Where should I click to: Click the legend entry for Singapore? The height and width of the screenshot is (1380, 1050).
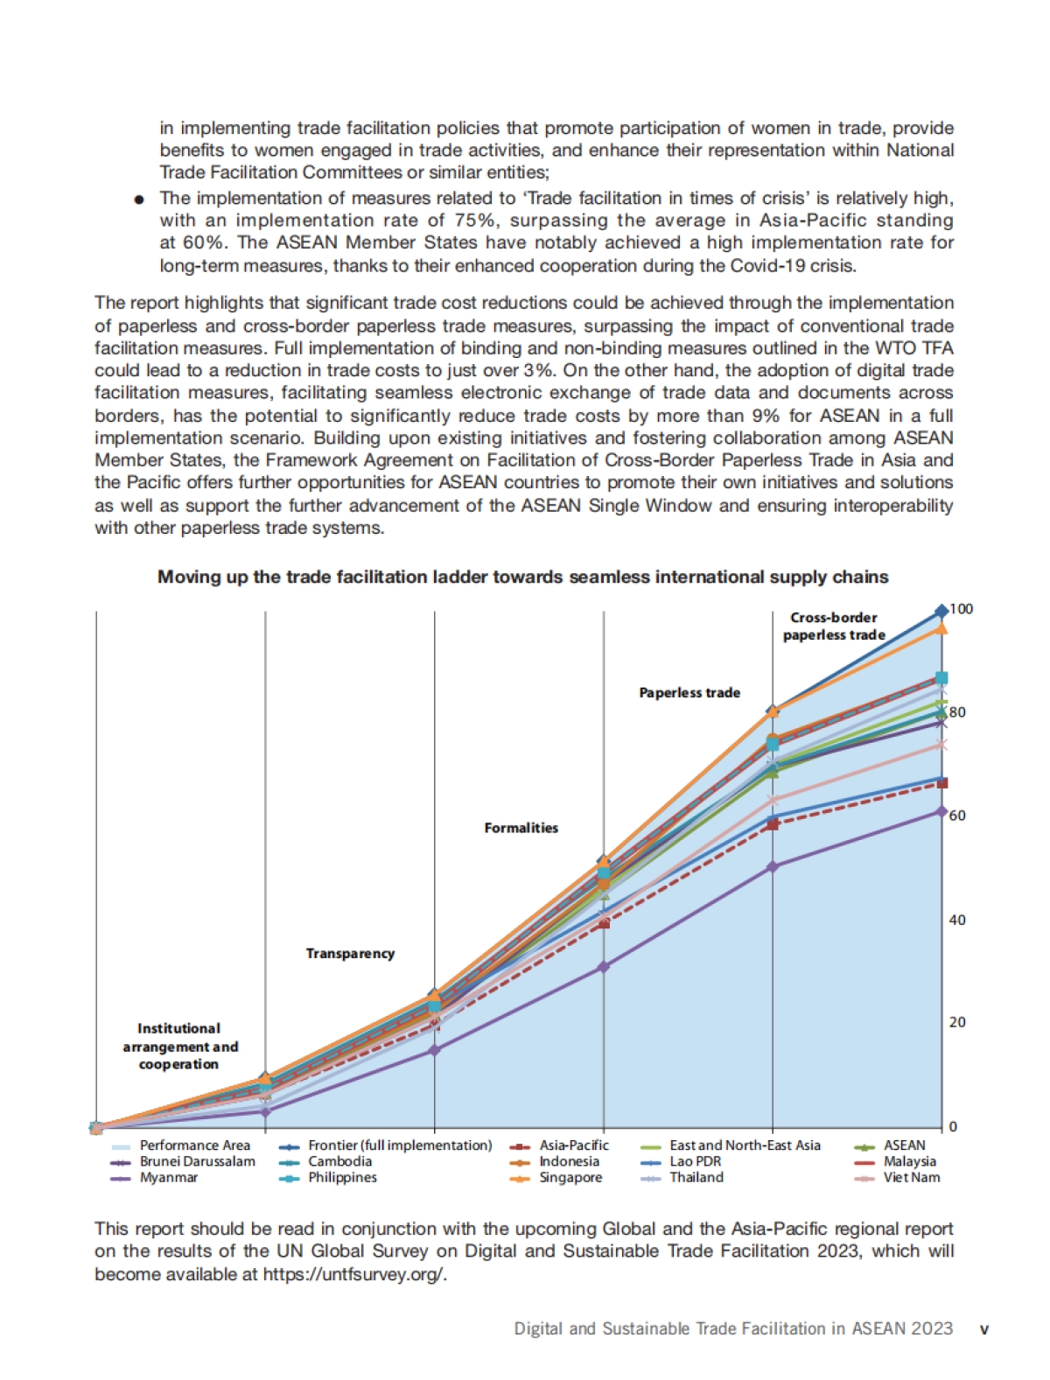click(570, 1178)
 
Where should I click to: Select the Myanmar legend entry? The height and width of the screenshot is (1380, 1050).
click(168, 1178)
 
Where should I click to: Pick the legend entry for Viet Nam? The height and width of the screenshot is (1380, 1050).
click(911, 1178)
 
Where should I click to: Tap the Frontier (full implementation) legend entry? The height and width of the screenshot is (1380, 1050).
click(399, 1145)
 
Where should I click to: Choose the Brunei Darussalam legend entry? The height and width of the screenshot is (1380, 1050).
click(197, 1161)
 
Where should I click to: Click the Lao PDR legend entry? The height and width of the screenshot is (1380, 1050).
click(695, 1161)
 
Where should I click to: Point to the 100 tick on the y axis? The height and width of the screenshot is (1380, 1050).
click(961, 609)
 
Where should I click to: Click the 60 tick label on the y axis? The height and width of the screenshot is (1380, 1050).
click(957, 816)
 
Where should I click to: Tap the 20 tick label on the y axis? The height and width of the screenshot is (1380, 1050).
click(957, 1022)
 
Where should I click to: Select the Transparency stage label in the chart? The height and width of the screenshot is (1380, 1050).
click(350, 954)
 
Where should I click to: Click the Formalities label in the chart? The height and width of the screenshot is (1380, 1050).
click(521, 828)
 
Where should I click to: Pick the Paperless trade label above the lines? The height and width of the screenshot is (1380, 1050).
click(689, 693)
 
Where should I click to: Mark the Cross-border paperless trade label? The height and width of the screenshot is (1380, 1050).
click(834, 627)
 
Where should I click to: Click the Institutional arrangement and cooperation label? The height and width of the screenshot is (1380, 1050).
click(179, 1047)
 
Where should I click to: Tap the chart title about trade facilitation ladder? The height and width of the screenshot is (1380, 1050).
click(522, 578)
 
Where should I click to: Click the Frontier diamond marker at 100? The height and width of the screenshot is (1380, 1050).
click(941, 611)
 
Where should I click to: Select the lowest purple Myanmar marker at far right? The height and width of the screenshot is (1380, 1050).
click(941, 812)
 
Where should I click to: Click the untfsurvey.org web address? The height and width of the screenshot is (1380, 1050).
click(354, 1274)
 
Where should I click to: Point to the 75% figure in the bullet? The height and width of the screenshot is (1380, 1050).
click(475, 221)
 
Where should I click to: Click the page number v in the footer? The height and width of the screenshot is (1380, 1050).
click(983, 1329)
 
